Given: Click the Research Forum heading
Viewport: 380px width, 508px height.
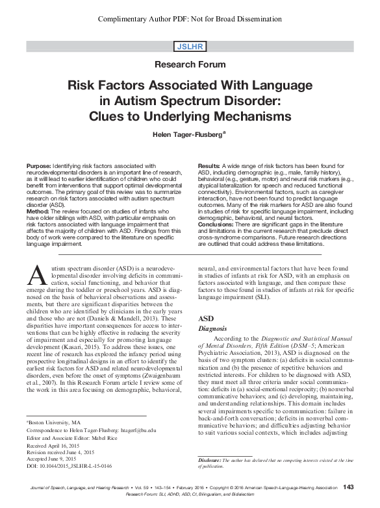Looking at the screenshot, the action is pyautogui.click(x=190, y=65).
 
